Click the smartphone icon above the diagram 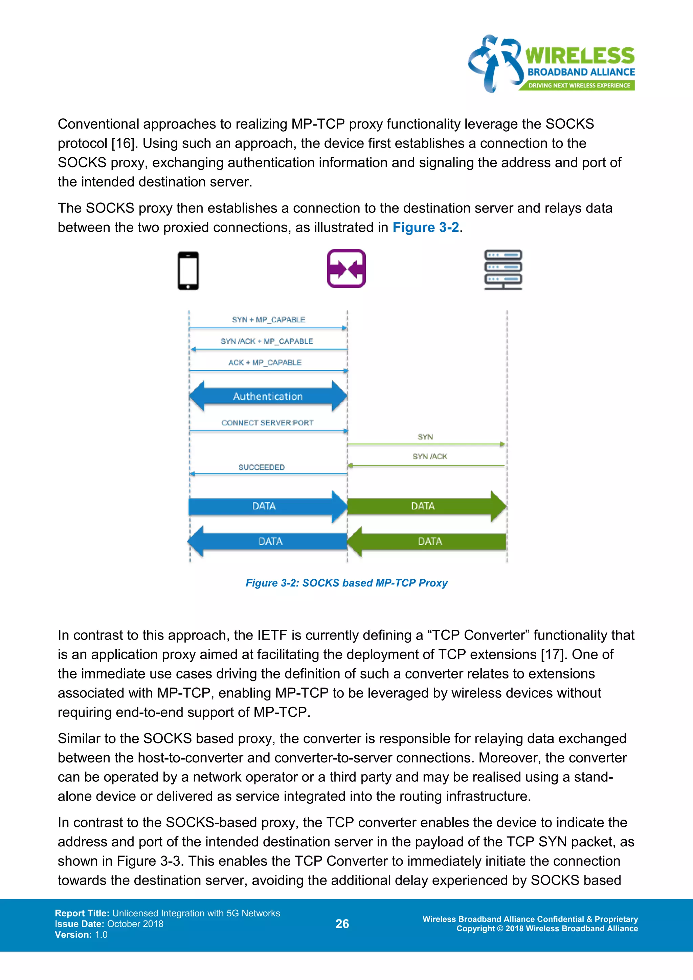pos(188,271)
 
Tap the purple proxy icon pos(346,268)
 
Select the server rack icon pos(503,270)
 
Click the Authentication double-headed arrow pos(268,396)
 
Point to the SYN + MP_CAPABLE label pos(268,320)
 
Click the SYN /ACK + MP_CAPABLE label pos(267,341)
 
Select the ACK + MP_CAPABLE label pos(265,362)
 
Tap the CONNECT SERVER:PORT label pos(268,423)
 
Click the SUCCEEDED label pos(262,467)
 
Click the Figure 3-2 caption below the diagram pos(346,583)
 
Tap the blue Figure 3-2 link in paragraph pos(425,227)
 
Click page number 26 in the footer pos(342,924)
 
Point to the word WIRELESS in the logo pos(580,56)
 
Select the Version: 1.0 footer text pos(81,934)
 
